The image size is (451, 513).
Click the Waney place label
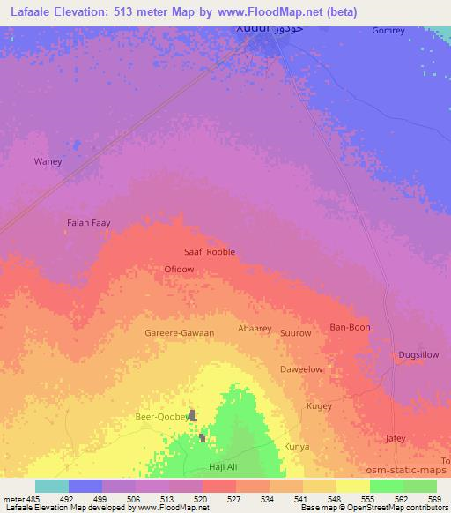coord(48,161)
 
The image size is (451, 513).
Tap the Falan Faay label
coord(89,223)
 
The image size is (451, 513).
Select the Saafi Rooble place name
coord(210,251)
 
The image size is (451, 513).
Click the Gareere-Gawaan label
coord(179,333)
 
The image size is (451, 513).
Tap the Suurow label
coord(295,333)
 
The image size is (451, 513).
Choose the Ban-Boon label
coord(350,327)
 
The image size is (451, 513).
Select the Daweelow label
coord(301,369)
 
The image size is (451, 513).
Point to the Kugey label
coord(318,405)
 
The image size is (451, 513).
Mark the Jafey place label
coord(396,438)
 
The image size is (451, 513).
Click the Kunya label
coord(296,447)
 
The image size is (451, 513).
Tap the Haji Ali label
coord(222,466)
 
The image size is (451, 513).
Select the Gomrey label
coord(388,30)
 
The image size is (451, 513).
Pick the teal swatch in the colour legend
coord(52,486)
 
